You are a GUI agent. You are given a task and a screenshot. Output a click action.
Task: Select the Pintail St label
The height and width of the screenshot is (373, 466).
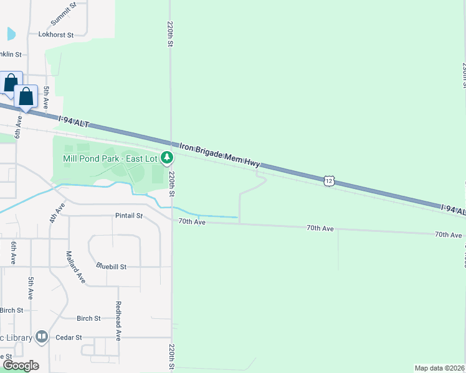(129, 216)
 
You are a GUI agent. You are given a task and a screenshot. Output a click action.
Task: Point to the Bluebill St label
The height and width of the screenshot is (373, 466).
(112, 266)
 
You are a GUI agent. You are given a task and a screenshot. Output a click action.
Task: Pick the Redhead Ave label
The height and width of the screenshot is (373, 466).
(117, 321)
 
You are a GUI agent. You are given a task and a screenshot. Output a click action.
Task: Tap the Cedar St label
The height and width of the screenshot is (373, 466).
(69, 338)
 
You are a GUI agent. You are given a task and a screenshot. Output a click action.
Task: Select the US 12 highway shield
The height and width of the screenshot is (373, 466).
(330, 180)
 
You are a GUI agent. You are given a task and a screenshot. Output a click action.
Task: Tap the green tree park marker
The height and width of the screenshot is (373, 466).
(166, 158)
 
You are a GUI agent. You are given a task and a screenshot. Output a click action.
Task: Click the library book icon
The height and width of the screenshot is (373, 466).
(42, 337)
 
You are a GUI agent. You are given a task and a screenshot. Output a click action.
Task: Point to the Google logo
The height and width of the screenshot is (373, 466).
(21, 366)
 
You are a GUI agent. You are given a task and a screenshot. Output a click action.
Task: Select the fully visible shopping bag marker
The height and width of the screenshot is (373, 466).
(26, 96)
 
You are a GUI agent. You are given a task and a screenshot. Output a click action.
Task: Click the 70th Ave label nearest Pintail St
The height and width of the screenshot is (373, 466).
(192, 221)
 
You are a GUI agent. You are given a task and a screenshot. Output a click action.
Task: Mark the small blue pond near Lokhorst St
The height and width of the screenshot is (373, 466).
(10, 34)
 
